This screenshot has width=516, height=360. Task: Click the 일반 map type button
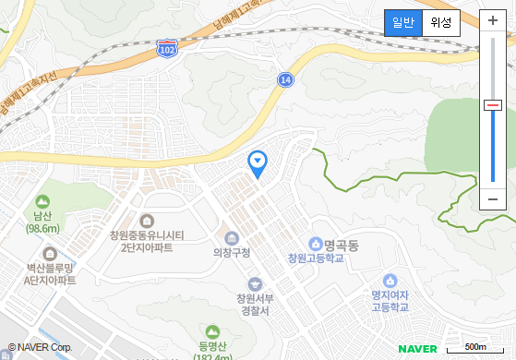coord(403,22)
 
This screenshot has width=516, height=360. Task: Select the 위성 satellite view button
coord(441,22)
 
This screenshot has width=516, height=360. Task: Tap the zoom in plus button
coord(493,20)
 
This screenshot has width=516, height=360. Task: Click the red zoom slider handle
coord(493,105)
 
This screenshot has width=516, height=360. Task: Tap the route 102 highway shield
coord(167,46)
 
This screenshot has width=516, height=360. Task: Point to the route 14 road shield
coord(285,80)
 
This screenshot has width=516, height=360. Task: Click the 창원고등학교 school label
coord(316,258)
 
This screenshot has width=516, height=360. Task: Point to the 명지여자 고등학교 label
coord(390,300)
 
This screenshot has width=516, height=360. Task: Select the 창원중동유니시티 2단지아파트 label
coord(147,241)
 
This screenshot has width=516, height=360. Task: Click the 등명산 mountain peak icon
coord(212,331)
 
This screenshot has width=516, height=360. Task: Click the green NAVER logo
coord(417,348)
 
